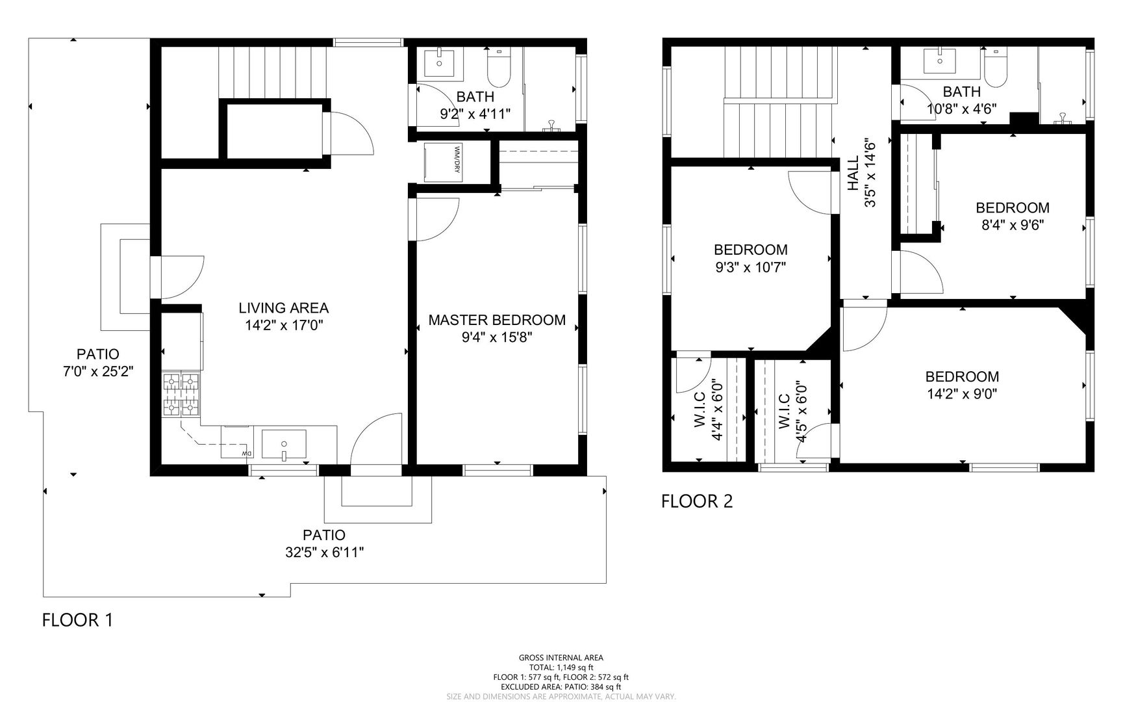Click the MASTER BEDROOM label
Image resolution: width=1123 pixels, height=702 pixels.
(497, 320)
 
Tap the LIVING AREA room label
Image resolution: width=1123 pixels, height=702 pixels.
(284, 308)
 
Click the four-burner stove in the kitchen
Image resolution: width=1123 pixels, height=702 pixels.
(181, 394)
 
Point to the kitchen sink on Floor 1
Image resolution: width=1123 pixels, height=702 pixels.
(284, 444)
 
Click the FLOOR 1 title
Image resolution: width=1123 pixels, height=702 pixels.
(77, 620)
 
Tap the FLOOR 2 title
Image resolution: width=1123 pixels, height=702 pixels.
(697, 501)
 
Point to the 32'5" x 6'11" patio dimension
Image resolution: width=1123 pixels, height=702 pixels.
(324, 552)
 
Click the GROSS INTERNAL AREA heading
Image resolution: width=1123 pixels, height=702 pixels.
(561, 658)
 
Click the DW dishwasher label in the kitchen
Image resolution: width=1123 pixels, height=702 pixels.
(246, 453)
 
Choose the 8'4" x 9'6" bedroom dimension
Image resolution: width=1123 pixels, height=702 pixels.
(1013, 225)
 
